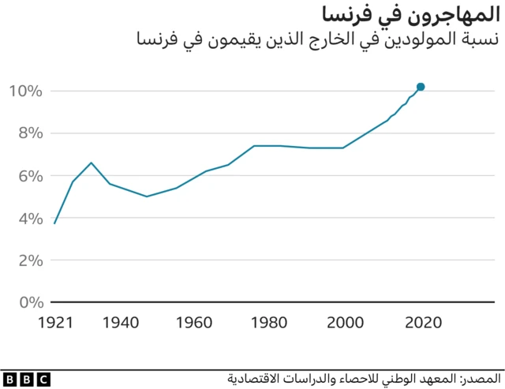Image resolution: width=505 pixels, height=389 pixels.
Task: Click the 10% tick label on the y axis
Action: (24, 92)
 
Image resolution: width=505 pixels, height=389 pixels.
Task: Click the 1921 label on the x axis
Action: (55, 322)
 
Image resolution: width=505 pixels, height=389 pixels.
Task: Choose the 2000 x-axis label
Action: (346, 322)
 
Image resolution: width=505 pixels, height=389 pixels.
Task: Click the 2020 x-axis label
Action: (422, 322)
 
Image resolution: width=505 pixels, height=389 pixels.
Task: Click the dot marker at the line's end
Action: (421, 87)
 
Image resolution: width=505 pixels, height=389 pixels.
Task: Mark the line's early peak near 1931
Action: (92, 163)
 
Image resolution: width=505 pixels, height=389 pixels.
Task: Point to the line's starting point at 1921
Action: (54, 223)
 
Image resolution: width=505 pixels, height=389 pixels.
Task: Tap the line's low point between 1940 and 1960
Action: (147, 196)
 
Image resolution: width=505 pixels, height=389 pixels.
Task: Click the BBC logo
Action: (26, 380)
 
